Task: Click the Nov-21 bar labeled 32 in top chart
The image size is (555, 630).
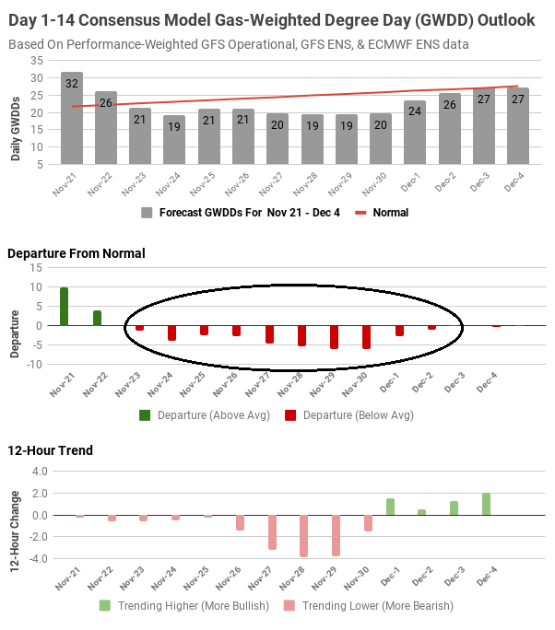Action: (x=72, y=118)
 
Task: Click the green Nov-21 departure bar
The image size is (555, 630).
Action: (x=65, y=307)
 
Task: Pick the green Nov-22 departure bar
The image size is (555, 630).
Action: (x=97, y=318)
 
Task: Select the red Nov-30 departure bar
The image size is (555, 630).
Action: (x=367, y=336)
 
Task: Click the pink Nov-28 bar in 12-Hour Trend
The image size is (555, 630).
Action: (x=303, y=536)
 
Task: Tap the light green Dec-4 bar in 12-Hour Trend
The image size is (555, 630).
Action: (x=486, y=504)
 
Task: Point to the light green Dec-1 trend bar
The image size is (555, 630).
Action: (x=391, y=507)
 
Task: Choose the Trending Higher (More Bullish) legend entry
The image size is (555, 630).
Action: (x=185, y=606)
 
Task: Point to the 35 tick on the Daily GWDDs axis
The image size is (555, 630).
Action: (x=36, y=60)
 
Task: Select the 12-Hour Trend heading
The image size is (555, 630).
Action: (x=50, y=450)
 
